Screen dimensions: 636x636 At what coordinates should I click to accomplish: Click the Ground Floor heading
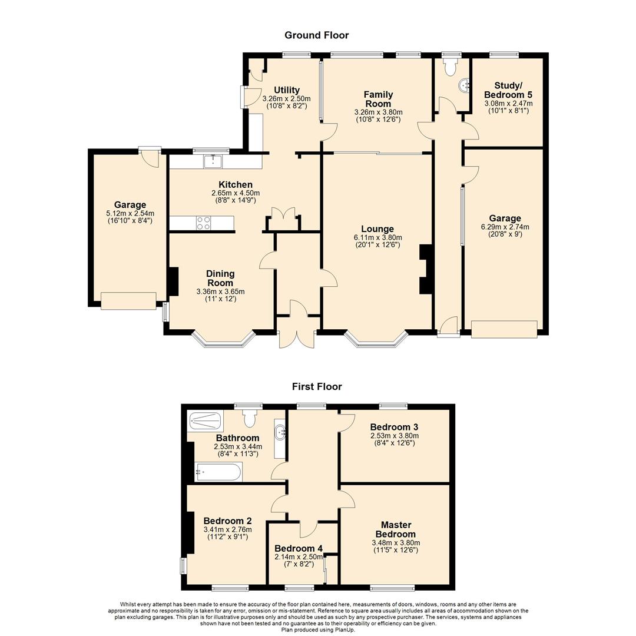coord(316,35)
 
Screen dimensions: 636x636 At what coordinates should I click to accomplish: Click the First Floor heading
coord(317,386)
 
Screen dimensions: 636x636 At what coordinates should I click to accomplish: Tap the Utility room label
coord(287,90)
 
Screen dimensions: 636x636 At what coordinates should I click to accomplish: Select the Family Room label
coord(379,99)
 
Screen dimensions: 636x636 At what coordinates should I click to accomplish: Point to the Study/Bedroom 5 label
coord(508,90)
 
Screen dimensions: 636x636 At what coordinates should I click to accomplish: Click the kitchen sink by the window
coord(213,161)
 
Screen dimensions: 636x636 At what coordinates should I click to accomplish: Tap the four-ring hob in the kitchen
coord(203,223)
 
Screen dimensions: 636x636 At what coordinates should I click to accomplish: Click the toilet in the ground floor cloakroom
coord(450,67)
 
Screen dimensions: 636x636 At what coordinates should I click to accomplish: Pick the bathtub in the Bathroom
coord(218,472)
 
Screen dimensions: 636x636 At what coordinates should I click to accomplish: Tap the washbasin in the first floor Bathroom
coord(280,433)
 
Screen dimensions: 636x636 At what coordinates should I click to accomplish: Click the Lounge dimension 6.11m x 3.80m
coord(377,238)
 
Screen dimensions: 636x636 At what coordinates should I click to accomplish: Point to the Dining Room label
coord(220,278)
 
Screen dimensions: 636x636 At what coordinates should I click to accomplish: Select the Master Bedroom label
coord(396,529)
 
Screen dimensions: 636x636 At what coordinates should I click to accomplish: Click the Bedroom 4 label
coord(299,548)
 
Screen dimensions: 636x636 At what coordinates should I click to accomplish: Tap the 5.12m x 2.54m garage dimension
coord(130,213)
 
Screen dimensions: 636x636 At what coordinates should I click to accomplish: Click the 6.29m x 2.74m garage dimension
coord(505,227)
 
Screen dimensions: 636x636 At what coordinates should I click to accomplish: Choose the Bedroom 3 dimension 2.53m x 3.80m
coord(394,436)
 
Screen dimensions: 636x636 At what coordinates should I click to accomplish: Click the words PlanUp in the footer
coord(344,630)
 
